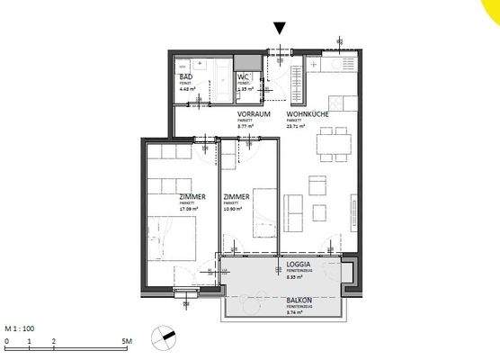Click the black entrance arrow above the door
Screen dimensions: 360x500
click(x=281, y=29)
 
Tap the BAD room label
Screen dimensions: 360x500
click(x=185, y=78)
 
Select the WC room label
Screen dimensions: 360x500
click(x=242, y=78)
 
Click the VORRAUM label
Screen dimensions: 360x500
click(x=254, y=115)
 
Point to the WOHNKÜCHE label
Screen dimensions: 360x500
click(x=306, y=115)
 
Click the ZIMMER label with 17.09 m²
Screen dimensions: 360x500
click(x=166, y=197)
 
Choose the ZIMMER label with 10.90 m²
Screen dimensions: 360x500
click(x=237, y=197)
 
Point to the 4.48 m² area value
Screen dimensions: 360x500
click(x=187, y=90)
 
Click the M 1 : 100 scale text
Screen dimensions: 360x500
click(x=20, y=328)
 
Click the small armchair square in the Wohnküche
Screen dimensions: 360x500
click(x=317, y=184)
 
